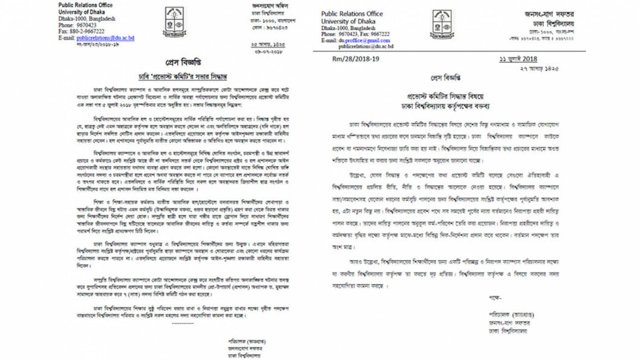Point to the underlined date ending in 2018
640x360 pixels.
pyautogui.click(x=518, y=59)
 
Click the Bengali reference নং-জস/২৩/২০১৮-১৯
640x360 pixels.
pyautogui.click(x=89, y=45)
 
